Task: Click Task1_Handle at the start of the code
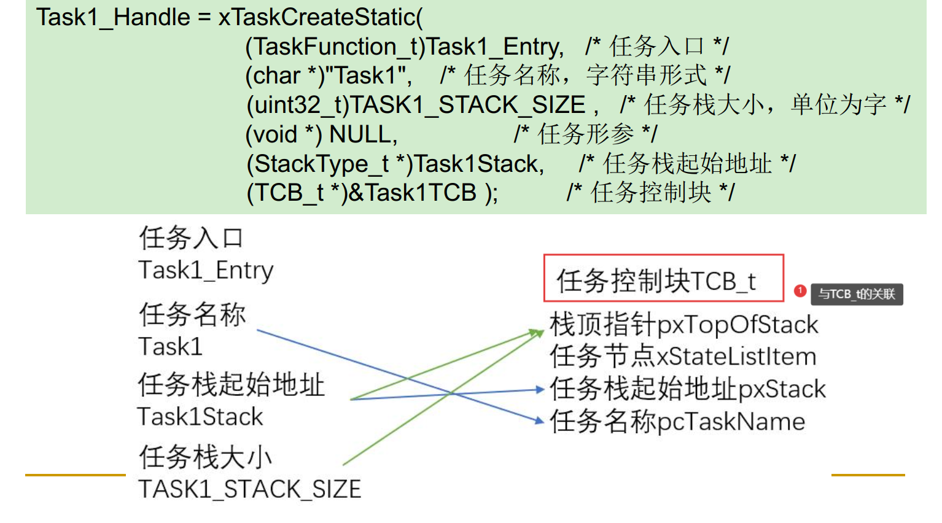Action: point(113,17)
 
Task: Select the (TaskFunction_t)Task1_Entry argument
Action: point(404,47)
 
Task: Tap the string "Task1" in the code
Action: point(368,76)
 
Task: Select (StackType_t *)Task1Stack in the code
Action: point(395,164)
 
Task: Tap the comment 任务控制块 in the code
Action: point(651,193)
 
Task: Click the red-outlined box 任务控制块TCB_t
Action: point(663,279)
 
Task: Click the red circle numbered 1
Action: point(800,291)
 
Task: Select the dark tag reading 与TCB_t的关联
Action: point(857,294)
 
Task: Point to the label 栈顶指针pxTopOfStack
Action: point(683,325)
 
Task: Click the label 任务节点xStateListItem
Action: point(683,357)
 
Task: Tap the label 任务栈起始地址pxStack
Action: point(688,389)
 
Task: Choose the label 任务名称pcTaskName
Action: point(677,422)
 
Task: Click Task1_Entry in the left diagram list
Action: point(206,270)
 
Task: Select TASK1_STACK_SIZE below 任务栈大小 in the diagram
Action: point(249,489)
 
